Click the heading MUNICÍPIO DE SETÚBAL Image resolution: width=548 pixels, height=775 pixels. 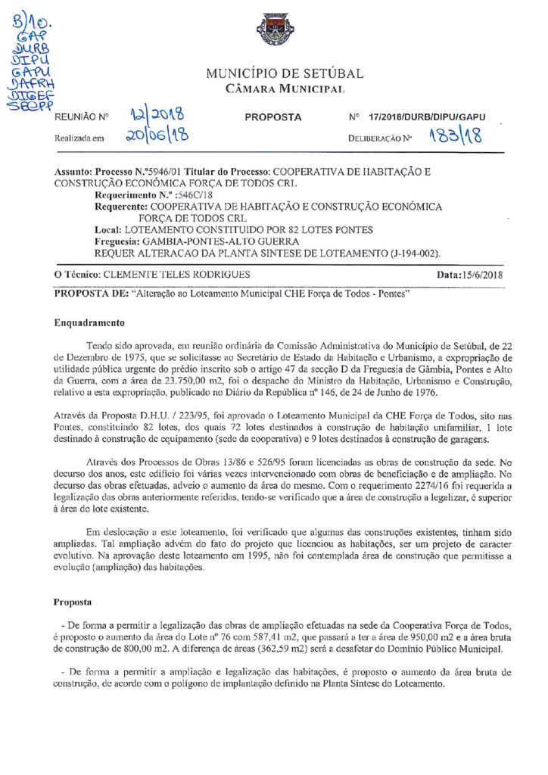tap(284, 73)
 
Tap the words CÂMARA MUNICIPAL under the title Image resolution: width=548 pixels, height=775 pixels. tap(285, 89)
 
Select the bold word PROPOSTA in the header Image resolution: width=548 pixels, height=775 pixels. tap(273, 117)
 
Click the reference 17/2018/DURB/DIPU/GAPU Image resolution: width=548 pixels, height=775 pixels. tap(427, 117)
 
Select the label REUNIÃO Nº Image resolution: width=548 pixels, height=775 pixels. tap(83, 118)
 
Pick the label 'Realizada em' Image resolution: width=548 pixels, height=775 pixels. tap(79, 139)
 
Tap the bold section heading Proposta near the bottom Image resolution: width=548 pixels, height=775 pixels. tap(73, 603)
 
